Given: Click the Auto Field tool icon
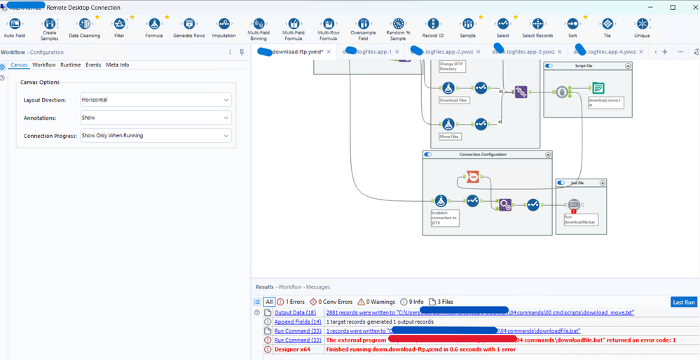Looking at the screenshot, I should pyautogui.click(x=13, y=25).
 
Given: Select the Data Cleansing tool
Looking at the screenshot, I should pyautogui.click(x=84, y=25).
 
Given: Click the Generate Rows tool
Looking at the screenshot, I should pyautogui.click(x=188, y=25).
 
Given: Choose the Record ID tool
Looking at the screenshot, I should pyautogui.click(x=432, y=25).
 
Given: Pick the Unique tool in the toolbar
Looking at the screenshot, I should pyautogui.click(x=642, y=25).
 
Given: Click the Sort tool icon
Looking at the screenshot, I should pyautogui.click(x=572, y=25).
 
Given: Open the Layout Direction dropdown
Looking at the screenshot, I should pyautogui.click(x=156, y=100).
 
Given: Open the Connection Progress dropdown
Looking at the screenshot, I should pyautogui.click(x=156, y=136).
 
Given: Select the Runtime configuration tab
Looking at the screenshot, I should pyautogui.click(x=70, y=65).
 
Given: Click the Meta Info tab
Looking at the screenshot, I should pyautogui.click(x=117, y=65).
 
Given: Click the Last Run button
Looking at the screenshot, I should pyautogui.click(x=683, y=302).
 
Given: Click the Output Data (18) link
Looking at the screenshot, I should pyautogui.click(x=294, y=312).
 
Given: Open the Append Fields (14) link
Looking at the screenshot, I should pyautogui.click(x=297, y=321).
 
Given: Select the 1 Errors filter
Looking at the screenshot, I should pyautogui.click(x=291, y=302).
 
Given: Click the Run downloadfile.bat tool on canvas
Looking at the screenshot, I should pyautogui.click(x=574, y=205).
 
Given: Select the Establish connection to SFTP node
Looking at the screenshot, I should pyautogui.click(x=441, y=202).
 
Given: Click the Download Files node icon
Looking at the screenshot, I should pyautogui.click(x=447, y=88).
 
